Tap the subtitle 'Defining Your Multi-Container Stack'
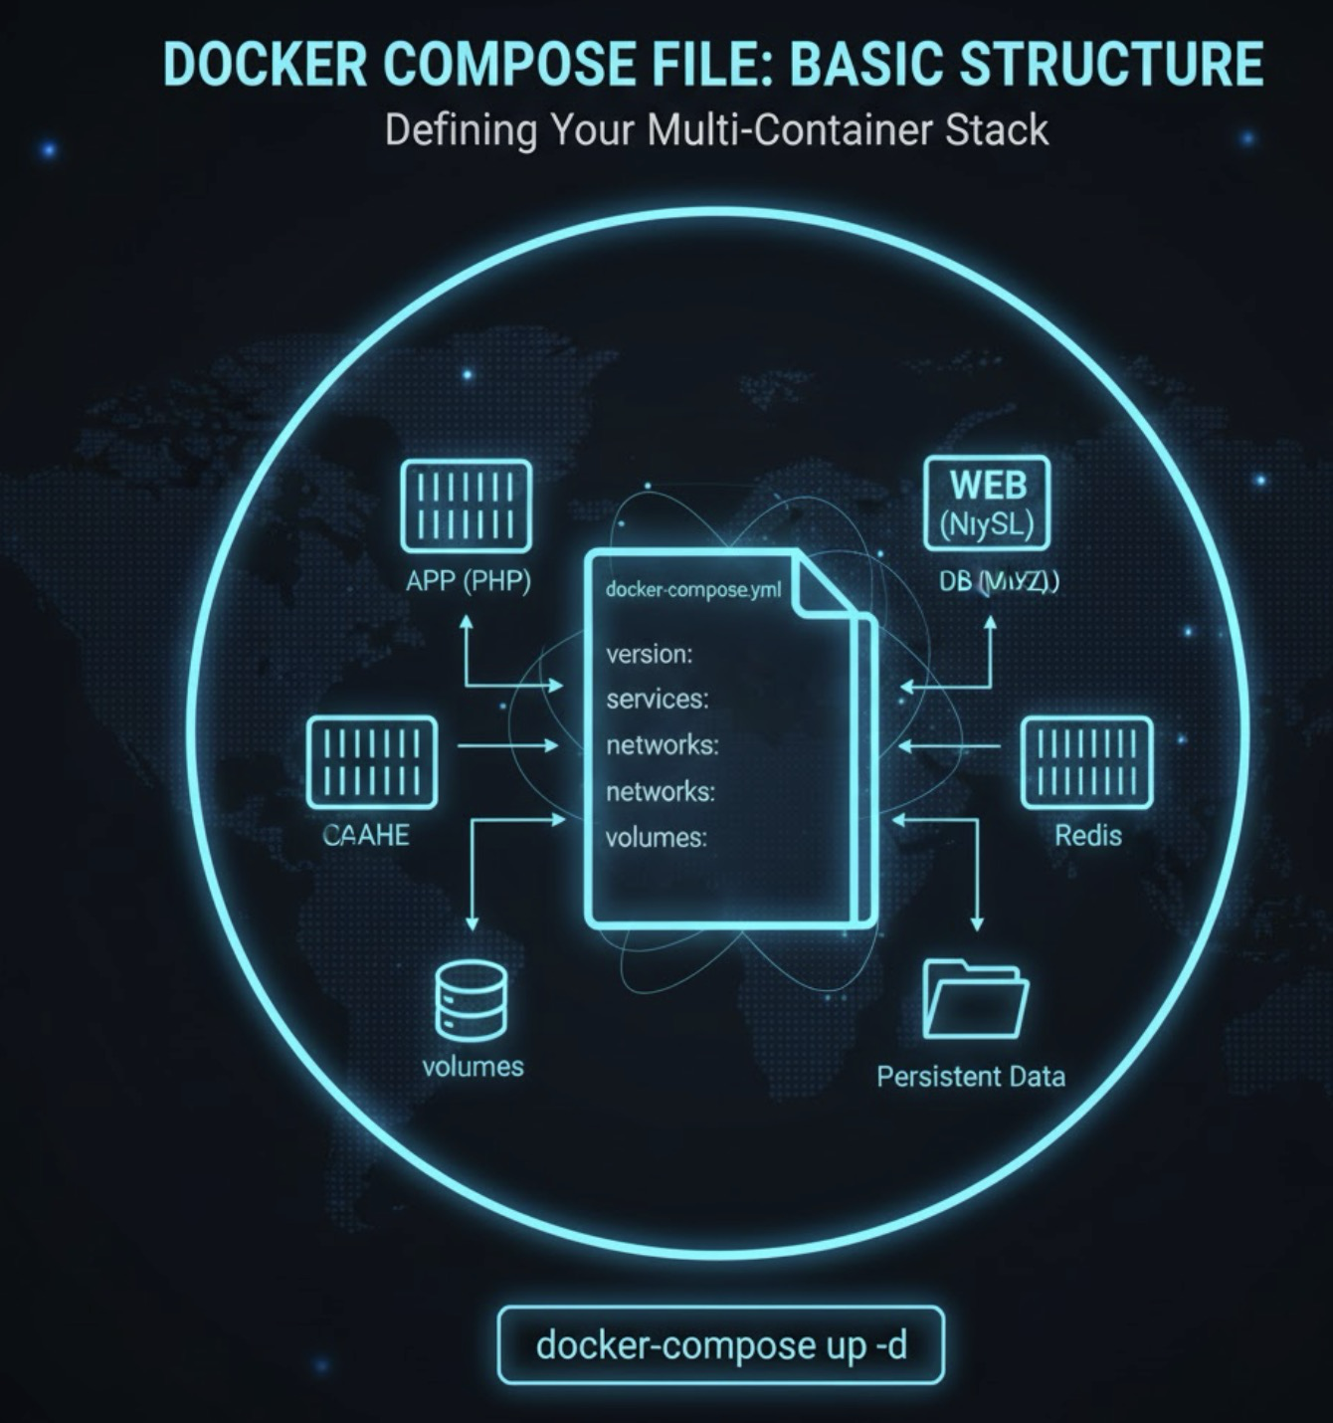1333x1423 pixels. (716, 130)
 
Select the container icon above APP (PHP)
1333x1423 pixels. (466, 506)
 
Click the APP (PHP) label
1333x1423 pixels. (468, 581)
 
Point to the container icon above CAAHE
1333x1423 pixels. (372, 763)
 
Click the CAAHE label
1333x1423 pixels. (366, 835)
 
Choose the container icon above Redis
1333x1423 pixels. (1087, 763)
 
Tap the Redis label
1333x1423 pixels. (1088, 835)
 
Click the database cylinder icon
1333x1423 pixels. (472, 999)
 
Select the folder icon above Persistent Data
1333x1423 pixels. (975, 999)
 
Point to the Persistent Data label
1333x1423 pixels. (971, 1077)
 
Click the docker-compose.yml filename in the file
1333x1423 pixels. (693, 590)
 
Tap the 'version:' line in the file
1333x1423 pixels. (649, 655)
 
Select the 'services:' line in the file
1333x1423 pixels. (657, 700)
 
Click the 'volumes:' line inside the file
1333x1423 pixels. (656, 838)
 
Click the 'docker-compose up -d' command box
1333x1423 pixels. (720, 1345)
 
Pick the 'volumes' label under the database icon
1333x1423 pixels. (473, 1067)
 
